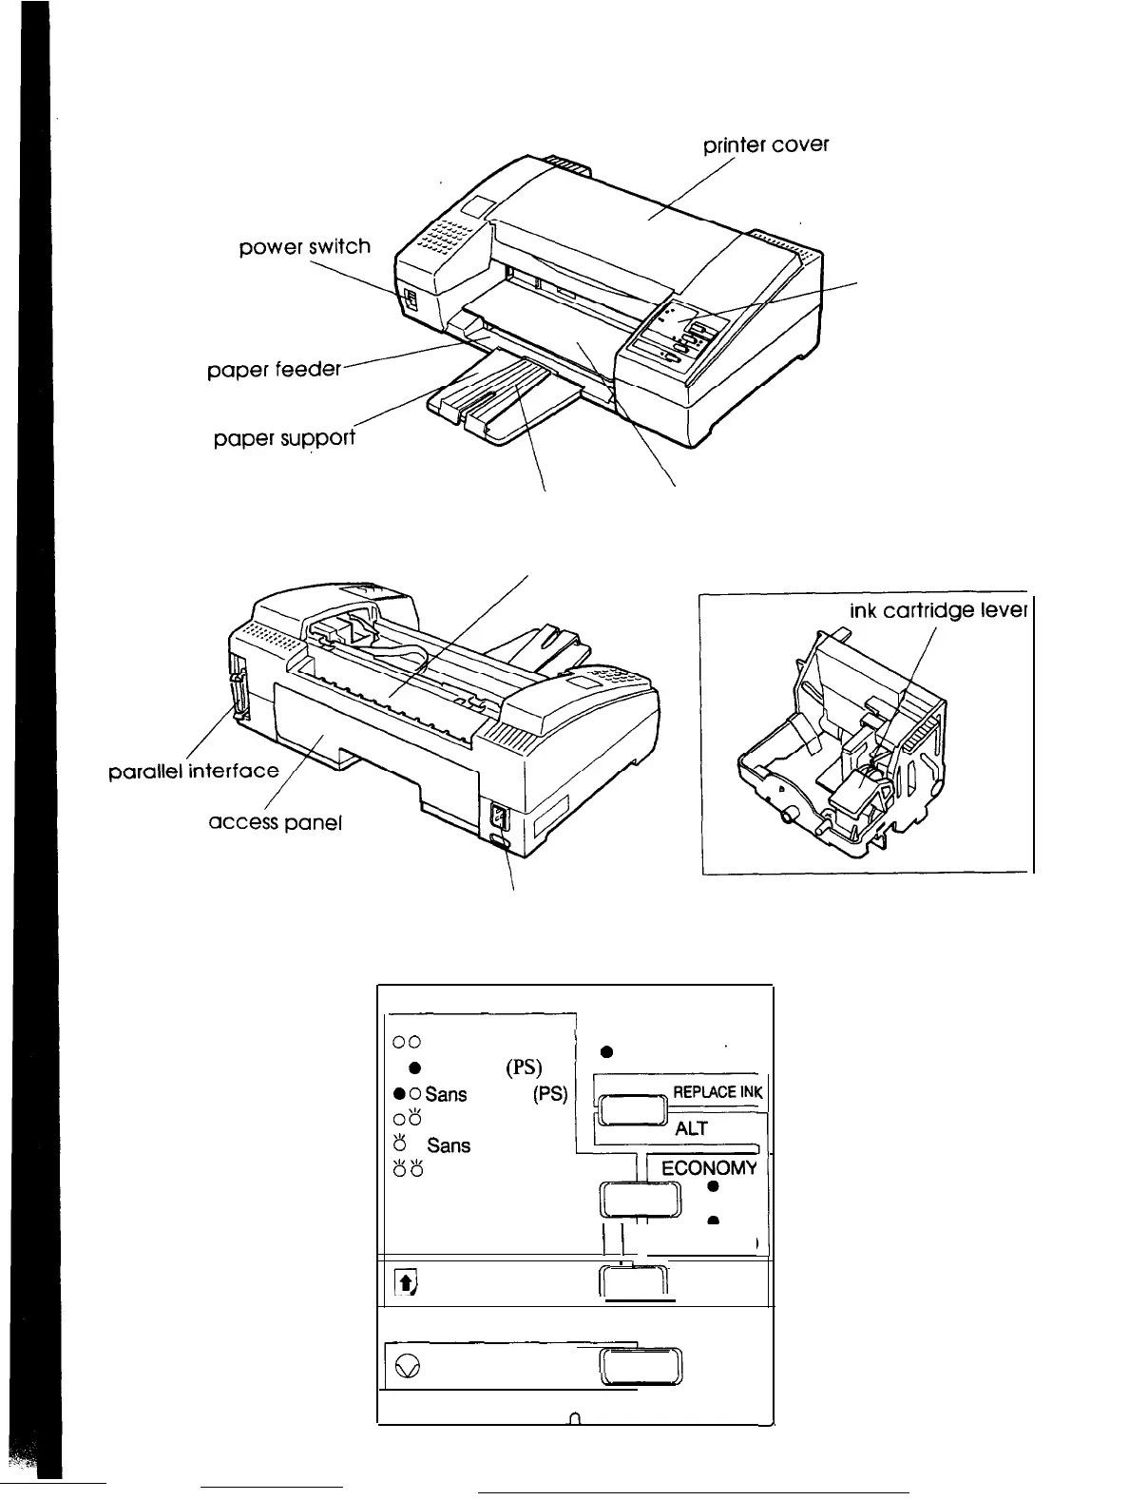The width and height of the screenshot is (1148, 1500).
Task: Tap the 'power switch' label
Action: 304,247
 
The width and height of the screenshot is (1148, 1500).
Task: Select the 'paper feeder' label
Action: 274,369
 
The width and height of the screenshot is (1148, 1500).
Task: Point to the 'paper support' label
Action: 284,438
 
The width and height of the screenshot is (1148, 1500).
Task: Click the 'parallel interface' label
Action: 195,770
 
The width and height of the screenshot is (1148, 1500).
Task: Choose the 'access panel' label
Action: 275,821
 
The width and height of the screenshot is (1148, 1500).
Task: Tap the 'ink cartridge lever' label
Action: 937,610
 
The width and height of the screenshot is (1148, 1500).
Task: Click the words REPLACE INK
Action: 717,1091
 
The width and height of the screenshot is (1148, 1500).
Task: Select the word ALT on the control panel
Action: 692,1128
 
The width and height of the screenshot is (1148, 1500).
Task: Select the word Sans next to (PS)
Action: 446,1094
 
